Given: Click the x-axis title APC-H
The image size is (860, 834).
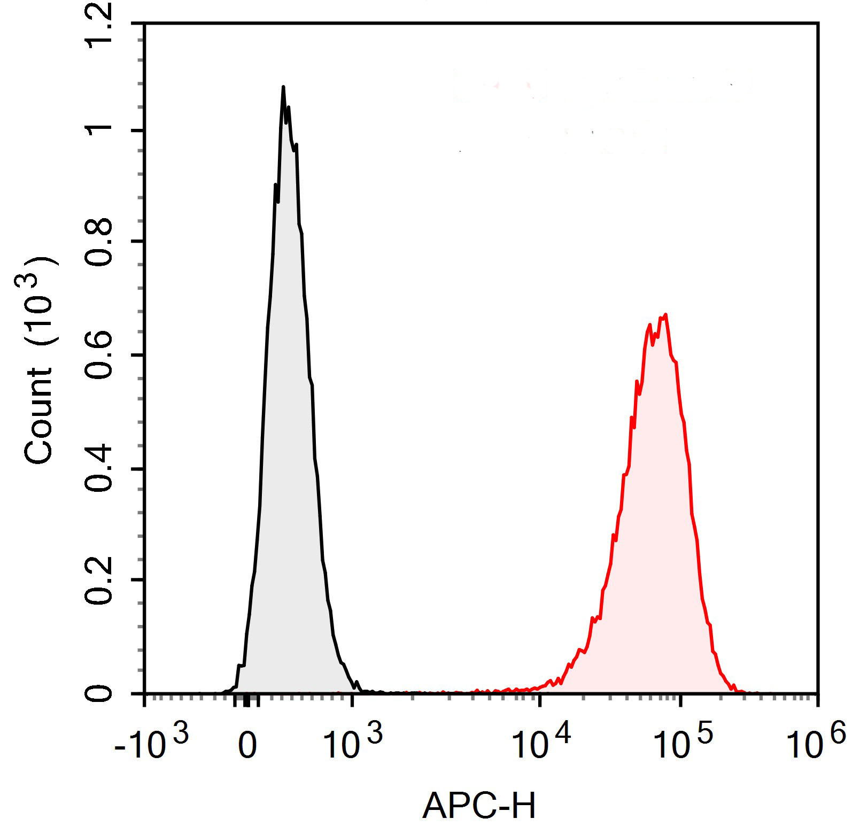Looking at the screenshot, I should point(479,806).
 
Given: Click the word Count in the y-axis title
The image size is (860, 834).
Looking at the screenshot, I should point(38,416).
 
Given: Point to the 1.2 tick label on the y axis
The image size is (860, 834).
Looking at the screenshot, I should point(99,25).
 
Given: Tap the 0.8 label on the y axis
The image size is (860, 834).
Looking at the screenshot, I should point(99,242).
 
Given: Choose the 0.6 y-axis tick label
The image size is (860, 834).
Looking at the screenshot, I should point(99,355).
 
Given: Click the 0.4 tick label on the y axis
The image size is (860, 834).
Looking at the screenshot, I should point(99,469).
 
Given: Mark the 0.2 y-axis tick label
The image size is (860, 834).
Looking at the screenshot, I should point(99,581).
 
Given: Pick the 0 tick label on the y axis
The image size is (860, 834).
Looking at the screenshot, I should point(99,693).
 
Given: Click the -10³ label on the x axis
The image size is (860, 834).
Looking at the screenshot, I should point(151,743).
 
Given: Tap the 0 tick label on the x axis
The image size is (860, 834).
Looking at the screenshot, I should point(247,746).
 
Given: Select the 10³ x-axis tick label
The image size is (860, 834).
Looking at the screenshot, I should point(353,743).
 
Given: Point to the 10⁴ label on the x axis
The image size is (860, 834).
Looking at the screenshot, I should point(540,743).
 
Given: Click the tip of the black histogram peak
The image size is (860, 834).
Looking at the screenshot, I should point(283,87).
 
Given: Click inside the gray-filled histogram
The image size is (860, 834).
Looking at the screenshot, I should point(289,428).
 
